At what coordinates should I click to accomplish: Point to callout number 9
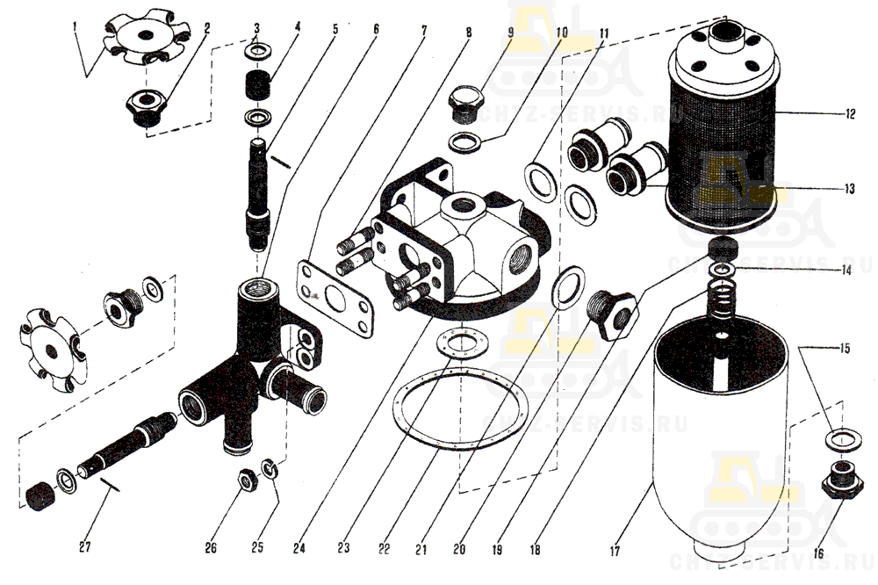click(x=510, y=32)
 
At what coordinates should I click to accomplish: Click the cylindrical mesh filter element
click(x=723, y=141)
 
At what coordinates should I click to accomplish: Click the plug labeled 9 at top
click(x=464, y=104)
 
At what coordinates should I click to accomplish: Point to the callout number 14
click(x=844, y=271)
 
